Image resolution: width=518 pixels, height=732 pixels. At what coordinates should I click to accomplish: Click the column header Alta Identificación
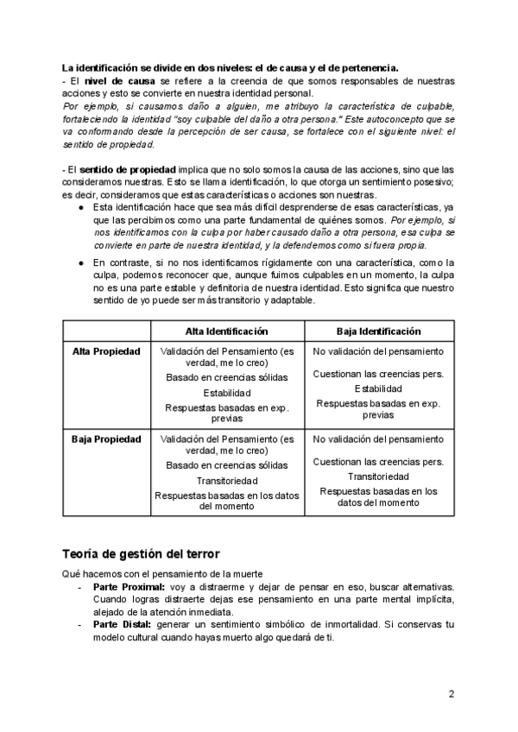pos(227,331)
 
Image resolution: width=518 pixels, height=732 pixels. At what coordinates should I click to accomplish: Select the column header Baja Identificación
pos(378,331)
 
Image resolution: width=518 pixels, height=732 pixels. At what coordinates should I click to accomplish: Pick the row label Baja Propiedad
pos(106,439)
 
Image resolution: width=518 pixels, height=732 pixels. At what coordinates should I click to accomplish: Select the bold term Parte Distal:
pos(121,623)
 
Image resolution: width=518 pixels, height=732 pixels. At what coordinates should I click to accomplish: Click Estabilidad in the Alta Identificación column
pos(227,394)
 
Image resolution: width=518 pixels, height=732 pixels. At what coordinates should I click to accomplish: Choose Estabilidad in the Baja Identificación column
pos(378,388)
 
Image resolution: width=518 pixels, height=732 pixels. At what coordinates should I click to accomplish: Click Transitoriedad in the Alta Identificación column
pos(227,481)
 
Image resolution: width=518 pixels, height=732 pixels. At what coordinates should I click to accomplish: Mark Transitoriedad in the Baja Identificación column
pos(378,476)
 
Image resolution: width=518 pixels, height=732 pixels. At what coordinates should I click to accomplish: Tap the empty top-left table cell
pos(106,331)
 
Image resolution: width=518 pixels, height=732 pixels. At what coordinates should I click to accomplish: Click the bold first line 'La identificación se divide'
pos(230,66)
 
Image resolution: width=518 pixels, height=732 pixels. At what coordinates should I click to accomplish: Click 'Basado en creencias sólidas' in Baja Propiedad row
pos(227,465)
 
